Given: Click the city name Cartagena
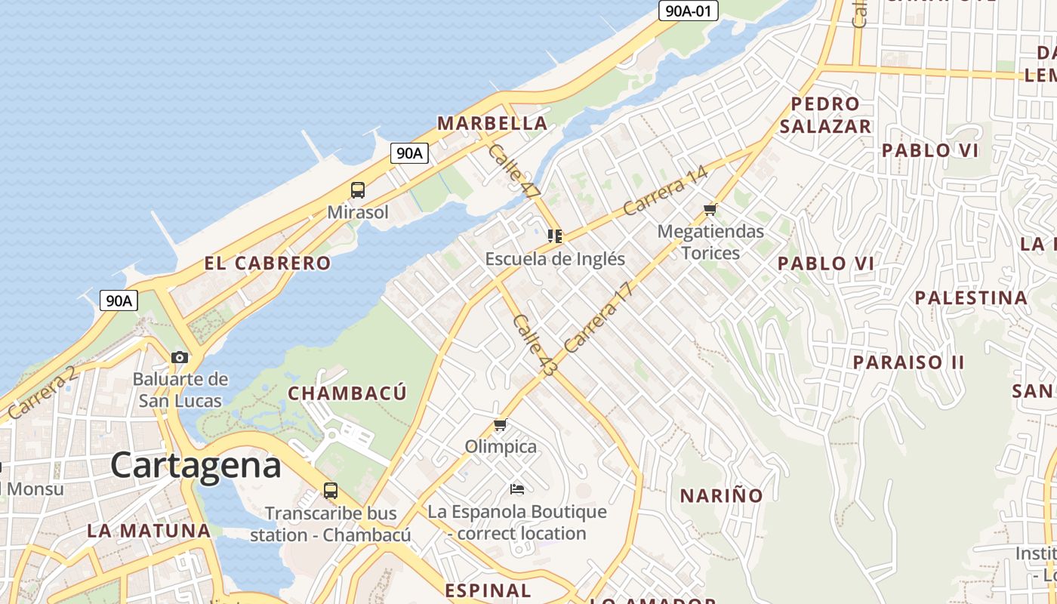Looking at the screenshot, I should pyautogui.click(x=196, y=465).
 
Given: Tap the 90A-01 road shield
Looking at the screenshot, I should pyautogui.click(x=688, y=11).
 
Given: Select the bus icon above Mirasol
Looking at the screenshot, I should pyautogui.click(x=358, y=190).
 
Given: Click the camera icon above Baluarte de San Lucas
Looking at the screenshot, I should pyautogui.click(x=180, y=357).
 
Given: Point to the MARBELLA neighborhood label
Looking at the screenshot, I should pyautogui.click(x=492, y=123).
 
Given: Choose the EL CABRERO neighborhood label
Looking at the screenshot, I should pyautogui.click(x=267, y=263).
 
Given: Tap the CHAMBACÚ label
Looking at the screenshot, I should pyautogui.click(x=347, y=393).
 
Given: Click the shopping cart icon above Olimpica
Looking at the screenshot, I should pyautogui.click(x=500, y=425).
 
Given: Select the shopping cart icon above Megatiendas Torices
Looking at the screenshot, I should pyautogui.click(x=710, y=209).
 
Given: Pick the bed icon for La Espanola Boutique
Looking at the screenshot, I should pyautogui.click(x=517, y=490).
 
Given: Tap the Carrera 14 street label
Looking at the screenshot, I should pyautogui.click(x=666, y=190).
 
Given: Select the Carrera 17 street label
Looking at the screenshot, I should pyautogui.click(x=596, y=317).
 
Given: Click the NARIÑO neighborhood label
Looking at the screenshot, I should pyautogui.click(x=721, y=496).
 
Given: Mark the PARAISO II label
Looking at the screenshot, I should pyautogui.click(x=908, y=362).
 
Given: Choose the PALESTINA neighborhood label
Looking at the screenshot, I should pyautogui.click(x=971, y=298).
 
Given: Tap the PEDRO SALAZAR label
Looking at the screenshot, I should pyautogui.click(x=825, y=115).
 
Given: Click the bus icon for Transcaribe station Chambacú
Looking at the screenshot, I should pyautogui.click(x=331, y=491).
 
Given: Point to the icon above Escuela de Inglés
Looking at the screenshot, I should pyautogui.click(x=555, y=236).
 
